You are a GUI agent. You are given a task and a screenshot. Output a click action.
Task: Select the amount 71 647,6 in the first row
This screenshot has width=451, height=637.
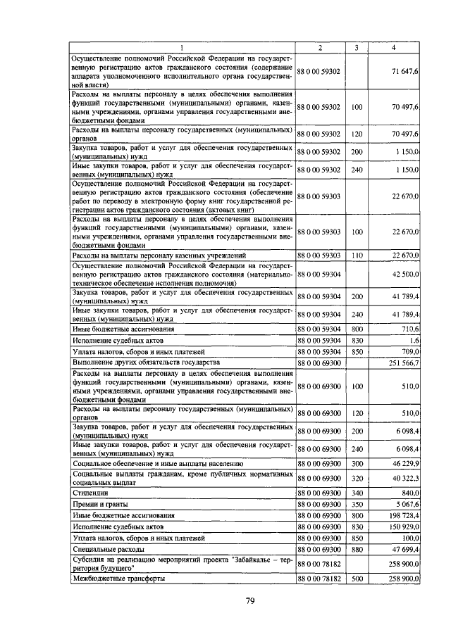(406, 72)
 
